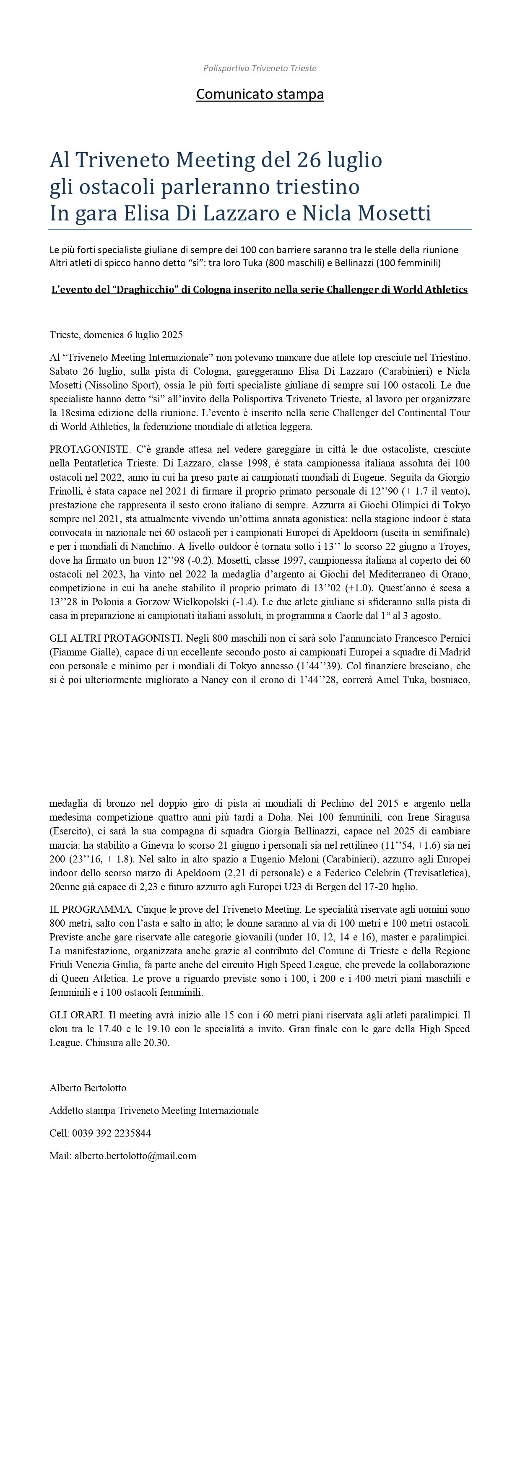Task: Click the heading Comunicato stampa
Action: click(260, 94)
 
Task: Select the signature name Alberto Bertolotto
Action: click(88, 1088)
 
